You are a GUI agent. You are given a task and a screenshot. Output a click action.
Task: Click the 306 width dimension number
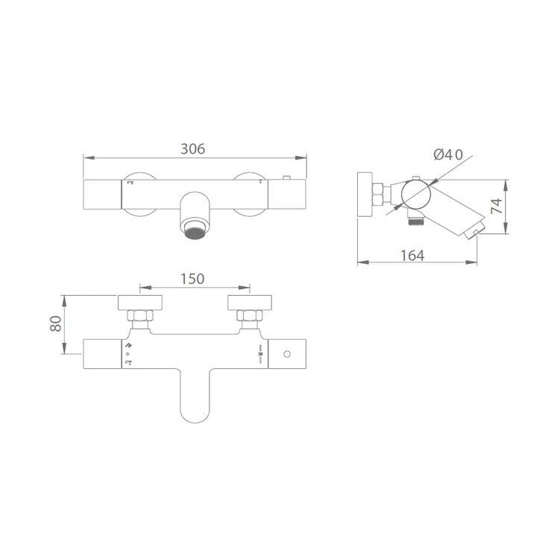click(193, 149)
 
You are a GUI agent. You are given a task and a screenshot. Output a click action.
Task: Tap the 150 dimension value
click(192, 279)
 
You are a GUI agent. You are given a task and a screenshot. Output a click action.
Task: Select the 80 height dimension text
click(56, 323)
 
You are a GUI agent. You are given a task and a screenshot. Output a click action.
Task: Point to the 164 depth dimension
click(412, 256)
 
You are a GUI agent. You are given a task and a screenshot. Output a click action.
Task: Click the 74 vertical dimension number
click(496, 206)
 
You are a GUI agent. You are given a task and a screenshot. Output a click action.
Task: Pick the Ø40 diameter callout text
click(448, 154)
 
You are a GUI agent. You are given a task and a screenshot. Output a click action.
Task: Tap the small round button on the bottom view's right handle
click(287, 354)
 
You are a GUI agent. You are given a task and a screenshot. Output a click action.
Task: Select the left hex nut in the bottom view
click(140, 315)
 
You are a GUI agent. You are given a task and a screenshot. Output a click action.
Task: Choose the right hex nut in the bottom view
click(250, 315)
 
